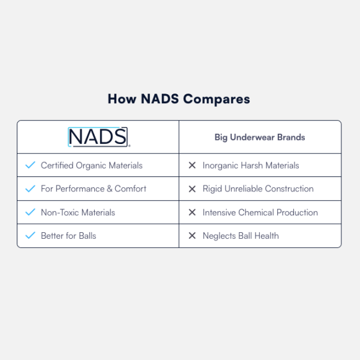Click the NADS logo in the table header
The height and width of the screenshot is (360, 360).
tap(98, 137)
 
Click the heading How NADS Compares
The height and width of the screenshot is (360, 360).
tap(179, 99)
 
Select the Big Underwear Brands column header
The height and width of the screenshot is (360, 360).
tap(260, 137)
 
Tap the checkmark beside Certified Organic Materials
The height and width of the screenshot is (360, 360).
tap(30, 165)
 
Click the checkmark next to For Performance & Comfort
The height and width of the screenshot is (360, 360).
tap(30, 188)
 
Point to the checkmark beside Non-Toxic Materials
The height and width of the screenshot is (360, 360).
tap(30, 212)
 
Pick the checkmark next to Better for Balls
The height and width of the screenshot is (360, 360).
tap(30, 236)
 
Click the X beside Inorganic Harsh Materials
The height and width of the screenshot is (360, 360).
tap(192, 165)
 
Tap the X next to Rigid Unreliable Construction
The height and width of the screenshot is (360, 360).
tap(192, 188)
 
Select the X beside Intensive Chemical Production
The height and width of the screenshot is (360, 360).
tap(192, 212)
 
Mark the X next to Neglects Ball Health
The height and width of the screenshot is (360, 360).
tap(192, 236)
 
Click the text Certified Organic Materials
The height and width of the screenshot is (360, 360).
tap(91, 165)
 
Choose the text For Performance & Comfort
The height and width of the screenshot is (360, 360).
tap(93, 188)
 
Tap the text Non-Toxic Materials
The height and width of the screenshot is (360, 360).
tap(77, 212)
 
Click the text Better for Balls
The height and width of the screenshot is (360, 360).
tap(68, 236)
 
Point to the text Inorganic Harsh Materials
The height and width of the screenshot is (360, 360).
tap(251, 165)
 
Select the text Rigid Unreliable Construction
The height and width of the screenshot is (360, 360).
tap(258, 188)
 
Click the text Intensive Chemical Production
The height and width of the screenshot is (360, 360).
tap(260, 212)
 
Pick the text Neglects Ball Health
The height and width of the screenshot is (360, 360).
tap(241, 236)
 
